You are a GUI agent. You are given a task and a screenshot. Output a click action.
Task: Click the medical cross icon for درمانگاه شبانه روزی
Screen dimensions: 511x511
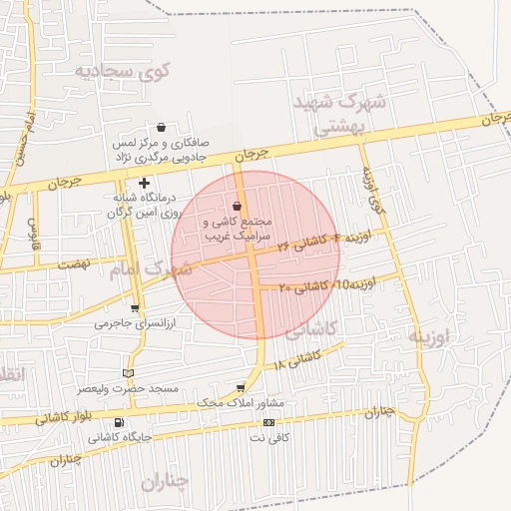pos(145,183)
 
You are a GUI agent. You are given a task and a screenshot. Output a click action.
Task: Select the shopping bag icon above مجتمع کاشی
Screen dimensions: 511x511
pos(236,207)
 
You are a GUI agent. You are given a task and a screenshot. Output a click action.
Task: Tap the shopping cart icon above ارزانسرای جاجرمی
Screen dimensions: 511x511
pos(135,307)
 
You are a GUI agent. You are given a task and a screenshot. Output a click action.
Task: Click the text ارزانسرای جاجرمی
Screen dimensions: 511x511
pos(135,323)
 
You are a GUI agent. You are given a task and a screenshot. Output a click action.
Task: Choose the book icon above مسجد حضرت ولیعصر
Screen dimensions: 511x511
pos(126,372)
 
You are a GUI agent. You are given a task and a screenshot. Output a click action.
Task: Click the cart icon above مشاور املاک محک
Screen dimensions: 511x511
pos(241,388)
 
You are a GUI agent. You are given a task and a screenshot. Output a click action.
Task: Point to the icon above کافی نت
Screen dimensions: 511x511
pos(267,422)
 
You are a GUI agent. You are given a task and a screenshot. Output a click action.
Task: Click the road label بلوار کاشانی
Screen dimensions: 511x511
pos(62,417)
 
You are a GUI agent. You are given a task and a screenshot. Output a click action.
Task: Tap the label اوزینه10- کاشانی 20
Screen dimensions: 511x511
pos(326,285)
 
